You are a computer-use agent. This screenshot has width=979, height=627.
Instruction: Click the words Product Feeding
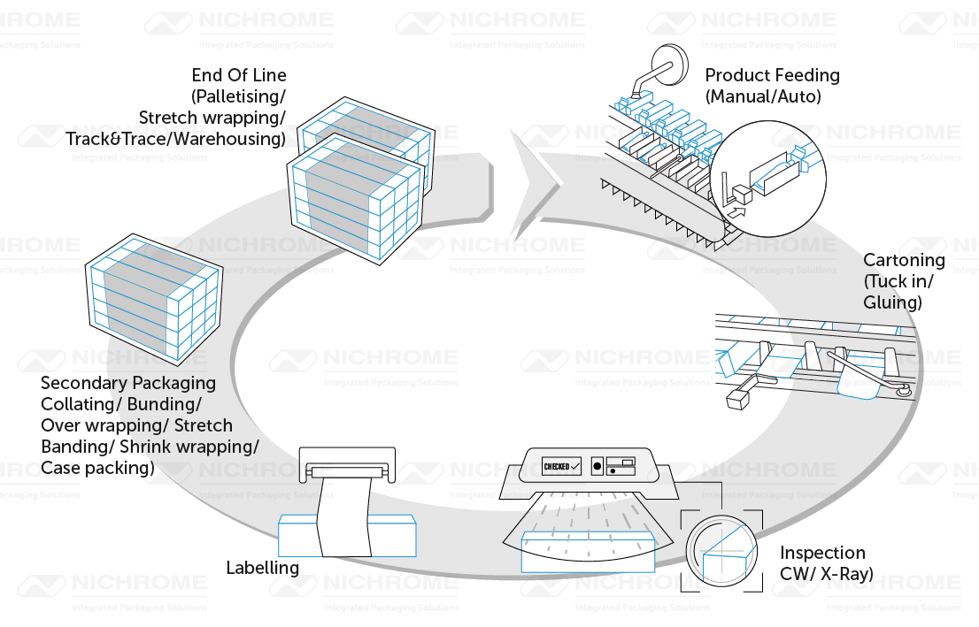772,76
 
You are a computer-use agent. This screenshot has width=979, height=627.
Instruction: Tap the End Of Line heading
239,76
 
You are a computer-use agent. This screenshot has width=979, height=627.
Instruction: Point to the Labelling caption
262,568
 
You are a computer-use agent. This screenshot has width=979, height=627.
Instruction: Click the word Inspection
822,554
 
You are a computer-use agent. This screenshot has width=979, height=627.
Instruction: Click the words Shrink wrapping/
206,447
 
